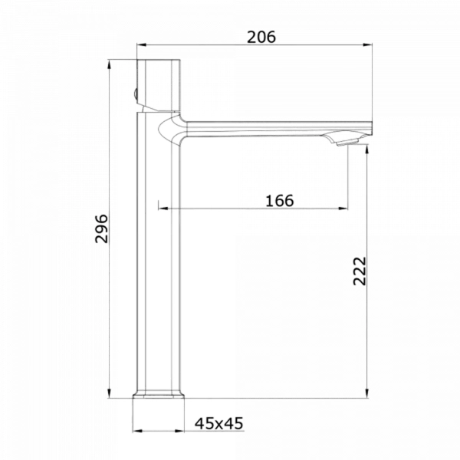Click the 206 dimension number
tap(261, 37)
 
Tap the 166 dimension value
tap(279, 201)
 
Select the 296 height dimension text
tap(101, 228)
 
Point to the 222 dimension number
tap(360, 271)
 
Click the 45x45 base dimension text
tap(219, 423)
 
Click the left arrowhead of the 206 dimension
tap(141, 45)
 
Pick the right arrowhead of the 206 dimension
tap(367, 45)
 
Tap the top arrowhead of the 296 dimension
tap(109, 64)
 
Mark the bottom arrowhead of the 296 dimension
tap(109, 393)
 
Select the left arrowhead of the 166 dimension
tap(163, 209)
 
